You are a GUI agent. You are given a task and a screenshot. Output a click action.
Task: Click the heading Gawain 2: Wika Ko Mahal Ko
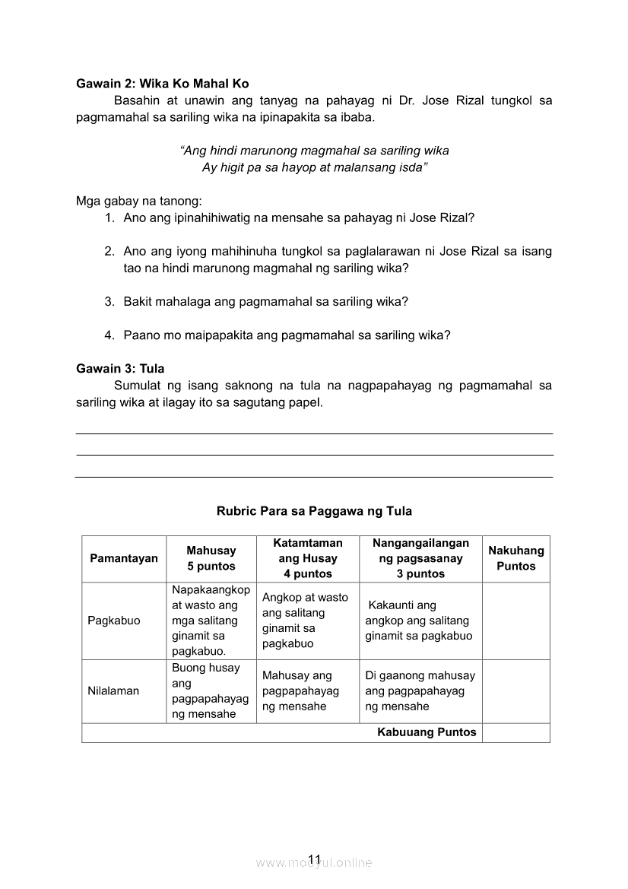(x=162, y=84)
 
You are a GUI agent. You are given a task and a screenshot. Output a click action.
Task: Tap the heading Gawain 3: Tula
(x=120, y=369)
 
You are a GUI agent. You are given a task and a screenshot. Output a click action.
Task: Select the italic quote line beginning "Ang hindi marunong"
(x=319, y=151)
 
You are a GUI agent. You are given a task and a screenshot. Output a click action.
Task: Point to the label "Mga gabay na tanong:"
(x=139, y=202)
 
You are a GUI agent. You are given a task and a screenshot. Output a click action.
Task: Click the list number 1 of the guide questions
(x=109, y=217)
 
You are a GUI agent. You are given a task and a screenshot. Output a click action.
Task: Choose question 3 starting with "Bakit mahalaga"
(x=265, y=301)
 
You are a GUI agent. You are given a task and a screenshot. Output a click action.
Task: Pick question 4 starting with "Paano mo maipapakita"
(x=287, y=335)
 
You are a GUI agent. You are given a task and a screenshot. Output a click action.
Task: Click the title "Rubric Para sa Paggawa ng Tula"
(x=314, y=511)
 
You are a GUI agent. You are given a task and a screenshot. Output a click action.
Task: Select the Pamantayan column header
(x=124, y=558)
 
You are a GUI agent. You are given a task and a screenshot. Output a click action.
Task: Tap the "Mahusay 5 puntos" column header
(x=211, y=558)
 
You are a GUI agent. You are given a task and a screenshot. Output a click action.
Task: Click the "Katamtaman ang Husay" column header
(x=308, y=558)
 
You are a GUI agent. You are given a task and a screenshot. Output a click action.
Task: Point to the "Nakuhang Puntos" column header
(x=516, y=558)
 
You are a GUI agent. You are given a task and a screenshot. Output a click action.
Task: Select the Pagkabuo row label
(x=114, y=621)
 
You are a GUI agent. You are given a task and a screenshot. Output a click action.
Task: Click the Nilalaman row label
(x=113, y=691)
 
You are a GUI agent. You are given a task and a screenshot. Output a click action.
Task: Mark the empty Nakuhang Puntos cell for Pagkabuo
(x=515, y=621)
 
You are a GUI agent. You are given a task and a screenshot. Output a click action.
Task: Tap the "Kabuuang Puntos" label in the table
(x=427, y=732)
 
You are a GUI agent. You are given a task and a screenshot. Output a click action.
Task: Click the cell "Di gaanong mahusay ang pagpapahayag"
(x=420, y=691)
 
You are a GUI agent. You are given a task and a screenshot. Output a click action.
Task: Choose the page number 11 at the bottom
(x=315, y=860)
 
